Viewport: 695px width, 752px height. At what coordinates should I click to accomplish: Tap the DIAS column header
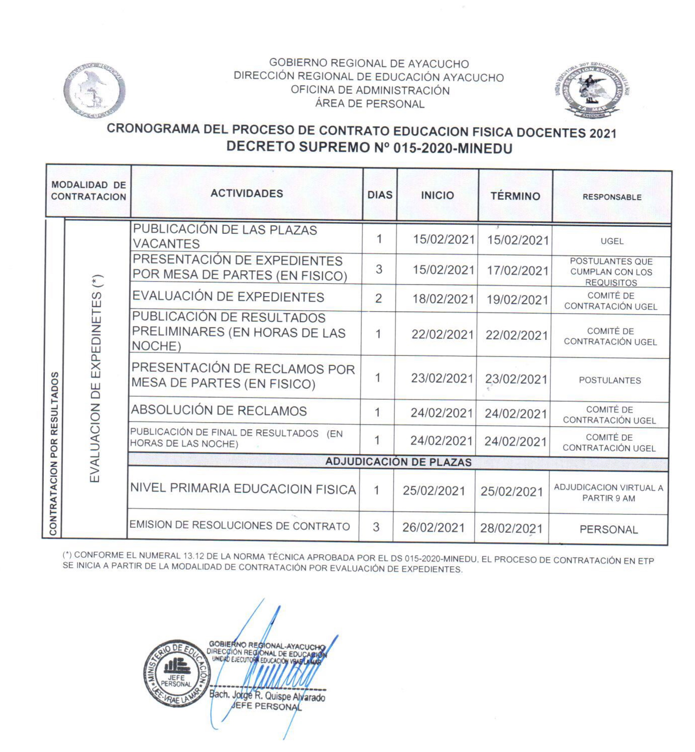click(380, 195)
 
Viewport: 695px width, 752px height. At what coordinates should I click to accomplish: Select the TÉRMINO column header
click(515, 196)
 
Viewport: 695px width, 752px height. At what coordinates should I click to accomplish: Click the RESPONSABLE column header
click(612, 197)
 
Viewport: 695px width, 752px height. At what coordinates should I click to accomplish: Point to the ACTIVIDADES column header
click(247, 193)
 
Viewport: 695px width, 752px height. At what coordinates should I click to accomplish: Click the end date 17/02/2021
click(518, 271)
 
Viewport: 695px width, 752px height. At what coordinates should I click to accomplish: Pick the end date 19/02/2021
click(518, 300)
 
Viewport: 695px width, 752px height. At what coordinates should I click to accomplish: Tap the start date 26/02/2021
click(433, 528)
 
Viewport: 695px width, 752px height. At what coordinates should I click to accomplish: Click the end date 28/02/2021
click(511, 529)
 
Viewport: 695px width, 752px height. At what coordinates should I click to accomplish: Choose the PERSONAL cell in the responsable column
click(609, 530)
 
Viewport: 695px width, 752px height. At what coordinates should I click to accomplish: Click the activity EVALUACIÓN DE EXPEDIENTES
click(228, 297)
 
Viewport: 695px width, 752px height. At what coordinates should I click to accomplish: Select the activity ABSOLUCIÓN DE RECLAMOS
click(219, 410)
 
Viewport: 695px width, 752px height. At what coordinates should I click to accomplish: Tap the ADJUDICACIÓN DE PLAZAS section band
click(398, 462)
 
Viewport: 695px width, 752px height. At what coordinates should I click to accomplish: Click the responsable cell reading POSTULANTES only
click(610, 380)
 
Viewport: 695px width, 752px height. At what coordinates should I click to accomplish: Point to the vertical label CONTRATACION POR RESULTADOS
click(54, 453)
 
